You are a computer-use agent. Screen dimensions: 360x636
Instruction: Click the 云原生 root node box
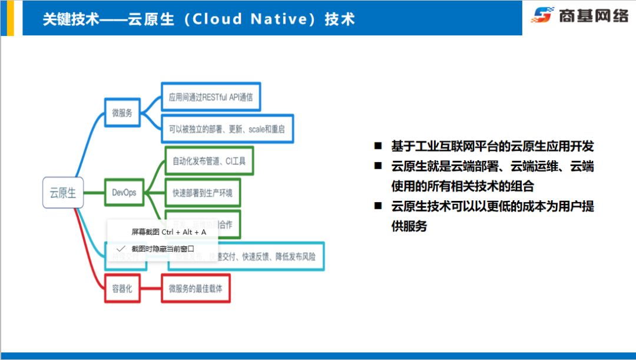click(x=63, y=193)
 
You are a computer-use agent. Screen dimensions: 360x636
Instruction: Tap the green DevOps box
click(x=124, y=193)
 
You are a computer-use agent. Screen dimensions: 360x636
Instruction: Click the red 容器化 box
click(x=122, y=289)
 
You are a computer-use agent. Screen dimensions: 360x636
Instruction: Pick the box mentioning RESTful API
click(x=210, y=97)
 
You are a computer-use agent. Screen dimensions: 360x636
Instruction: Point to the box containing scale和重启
click(x=227, y=128)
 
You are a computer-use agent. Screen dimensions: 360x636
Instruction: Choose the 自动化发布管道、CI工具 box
click(x=209, y=161)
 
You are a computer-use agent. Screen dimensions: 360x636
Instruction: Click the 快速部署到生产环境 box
click(x=202, y=193)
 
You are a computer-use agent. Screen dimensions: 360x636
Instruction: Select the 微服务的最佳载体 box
click(x=196, y=289)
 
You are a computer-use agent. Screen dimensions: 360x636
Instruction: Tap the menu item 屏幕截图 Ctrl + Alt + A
click(x=168, y=232)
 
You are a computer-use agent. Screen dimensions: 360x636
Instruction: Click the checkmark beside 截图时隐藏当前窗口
click(x=121, y=249)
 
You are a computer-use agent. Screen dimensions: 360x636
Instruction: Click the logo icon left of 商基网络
click(x=542, y=15)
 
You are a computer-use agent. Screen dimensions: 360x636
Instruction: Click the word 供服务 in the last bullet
click(x=409, y=226)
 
